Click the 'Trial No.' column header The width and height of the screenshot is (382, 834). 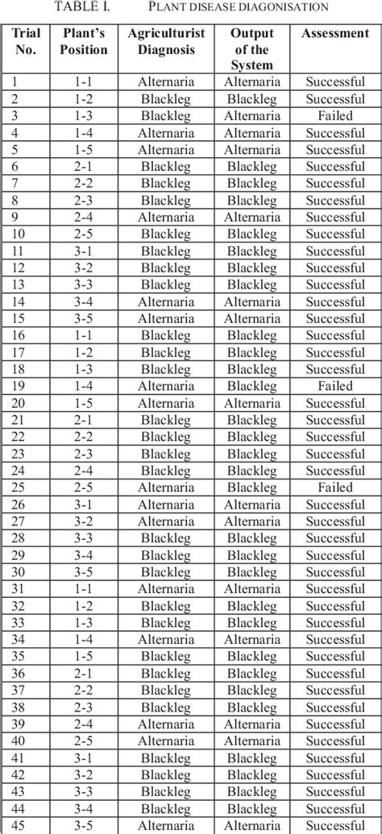(27, 42)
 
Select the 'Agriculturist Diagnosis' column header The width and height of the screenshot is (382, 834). (166, 42)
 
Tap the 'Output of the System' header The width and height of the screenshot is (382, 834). (251, 49)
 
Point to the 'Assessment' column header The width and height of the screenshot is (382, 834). (334, 34)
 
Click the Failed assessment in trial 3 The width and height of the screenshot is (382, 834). (334, 116)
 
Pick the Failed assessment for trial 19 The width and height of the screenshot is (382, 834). (334, 386)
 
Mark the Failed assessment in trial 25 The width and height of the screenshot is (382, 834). (334, 488)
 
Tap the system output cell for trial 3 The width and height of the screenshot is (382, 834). (251, 116)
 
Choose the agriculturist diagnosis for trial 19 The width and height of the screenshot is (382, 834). (166, 386)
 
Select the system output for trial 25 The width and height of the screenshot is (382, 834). (251, 488)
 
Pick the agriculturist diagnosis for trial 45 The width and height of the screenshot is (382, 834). (166, 825)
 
